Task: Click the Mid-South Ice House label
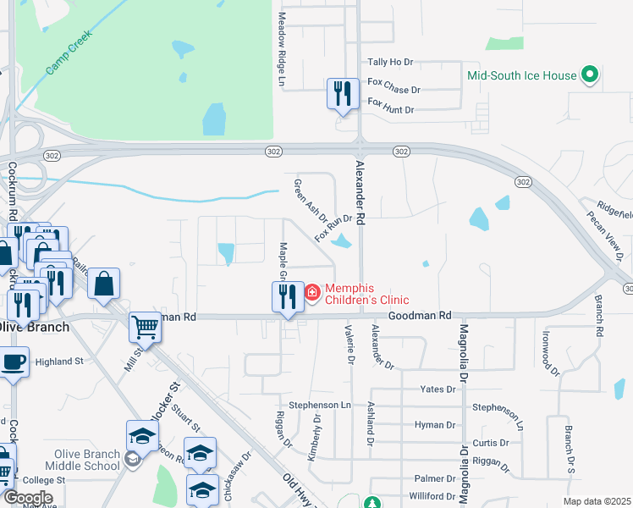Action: pyautogui.click(x=521, y=75)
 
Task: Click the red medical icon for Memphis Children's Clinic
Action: pyautogui.click(x=312, y=293)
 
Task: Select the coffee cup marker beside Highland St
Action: pyautogui.click(x=12, y=362)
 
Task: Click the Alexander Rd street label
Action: pyautogui.click(x=361, y=193)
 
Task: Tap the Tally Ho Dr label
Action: pyautogui.click(x=390, y=63)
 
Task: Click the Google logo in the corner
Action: pyautogui.click(x=28, y=498)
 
